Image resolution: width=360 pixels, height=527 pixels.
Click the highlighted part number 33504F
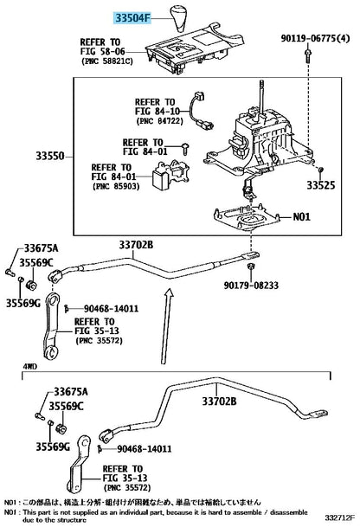(132, 18)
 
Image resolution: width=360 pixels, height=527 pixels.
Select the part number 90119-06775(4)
(315, 38)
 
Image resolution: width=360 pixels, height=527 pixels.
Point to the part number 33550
(50, 156)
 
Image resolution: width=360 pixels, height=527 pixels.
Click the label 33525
(321, 185)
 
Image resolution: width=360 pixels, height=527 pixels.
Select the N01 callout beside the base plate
(301, 216)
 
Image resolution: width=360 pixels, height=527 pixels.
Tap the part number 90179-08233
(251, 286)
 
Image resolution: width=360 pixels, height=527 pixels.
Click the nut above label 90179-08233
(250, 267)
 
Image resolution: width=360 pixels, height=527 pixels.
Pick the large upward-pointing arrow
(166, 326)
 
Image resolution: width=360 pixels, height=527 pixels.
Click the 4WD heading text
(29, 366)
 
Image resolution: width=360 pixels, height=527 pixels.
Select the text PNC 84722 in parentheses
(160, 120)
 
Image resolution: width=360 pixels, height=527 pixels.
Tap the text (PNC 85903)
(116, 186)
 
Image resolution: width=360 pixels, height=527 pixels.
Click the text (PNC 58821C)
(107, 61)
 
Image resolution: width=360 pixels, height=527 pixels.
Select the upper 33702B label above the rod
(136, 245)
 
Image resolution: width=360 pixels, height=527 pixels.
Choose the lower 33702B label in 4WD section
(219, 401)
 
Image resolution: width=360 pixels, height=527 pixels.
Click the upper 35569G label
(22, 303)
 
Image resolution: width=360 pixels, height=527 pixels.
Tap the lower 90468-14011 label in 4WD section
(145, 448)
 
